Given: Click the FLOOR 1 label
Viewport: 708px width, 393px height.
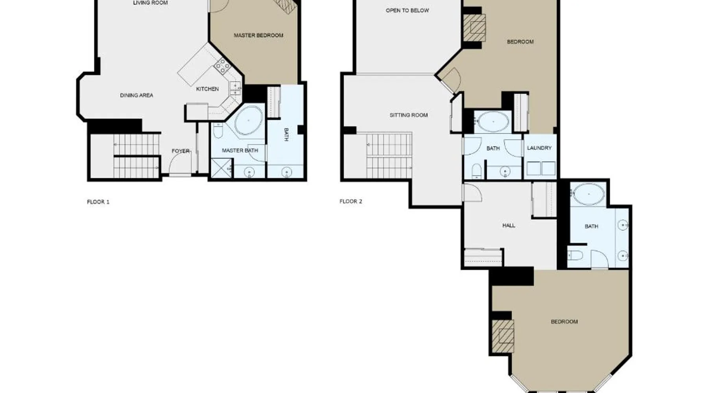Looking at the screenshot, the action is pyautogui.click(x=98, y=202).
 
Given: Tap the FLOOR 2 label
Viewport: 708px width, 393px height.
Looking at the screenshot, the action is pyautogui.click(x=351, y=202).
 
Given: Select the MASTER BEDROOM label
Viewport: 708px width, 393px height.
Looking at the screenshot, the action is pyautogui.click(x=258, y=35).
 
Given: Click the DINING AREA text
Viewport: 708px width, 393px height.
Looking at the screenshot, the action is pyautogui.click(x=136, y=95).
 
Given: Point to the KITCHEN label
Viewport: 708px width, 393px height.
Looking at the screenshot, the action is pyautogui.click(x=207, y=89).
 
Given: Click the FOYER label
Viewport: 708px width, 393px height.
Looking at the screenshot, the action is pyautogui.click(x=181, y=151).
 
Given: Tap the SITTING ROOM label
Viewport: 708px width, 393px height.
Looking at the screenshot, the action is pyautogui.click(x=409, y=115).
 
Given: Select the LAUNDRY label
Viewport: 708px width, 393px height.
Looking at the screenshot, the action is pyautogui.click(x=539, y=148).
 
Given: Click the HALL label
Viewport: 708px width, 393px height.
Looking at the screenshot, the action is pyautogui.click(x=509, y=226).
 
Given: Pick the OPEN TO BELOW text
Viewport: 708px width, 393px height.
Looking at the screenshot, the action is pyautogui.click(x=407, y=11).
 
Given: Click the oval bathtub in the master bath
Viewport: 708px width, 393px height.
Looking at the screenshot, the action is pyautogui.click(x=249, y=120).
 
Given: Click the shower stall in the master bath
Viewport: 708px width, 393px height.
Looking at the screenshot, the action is pyautogui.click(x=221, y=168).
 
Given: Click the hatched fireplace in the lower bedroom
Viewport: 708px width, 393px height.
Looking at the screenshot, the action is pyautogui.click(x=503, y=336).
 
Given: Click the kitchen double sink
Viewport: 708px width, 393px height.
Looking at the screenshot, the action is pyautogui.click(x=235, y=88).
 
